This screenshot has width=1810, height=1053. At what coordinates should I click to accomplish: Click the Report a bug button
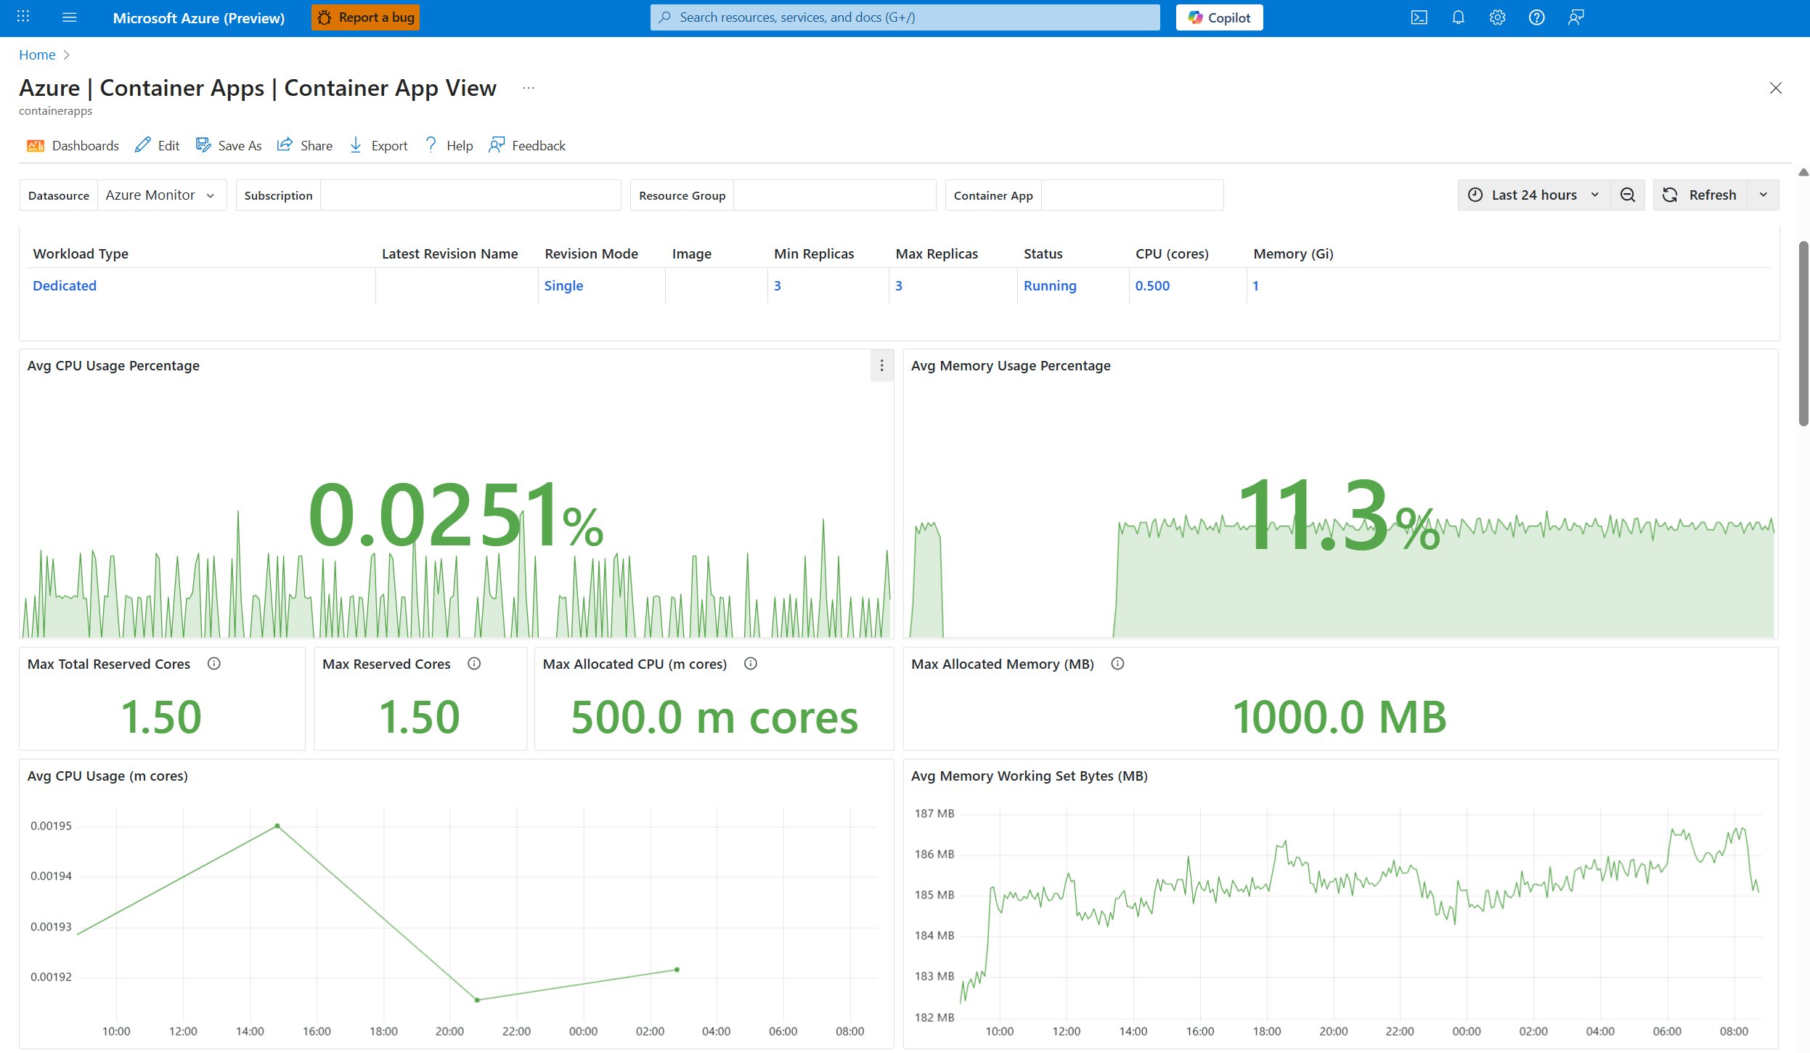click(x=365, y=17)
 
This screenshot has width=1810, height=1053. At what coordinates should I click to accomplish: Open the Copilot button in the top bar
click(x=1219, y=17)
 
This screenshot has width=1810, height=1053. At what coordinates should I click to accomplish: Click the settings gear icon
click(x=1497, y=17)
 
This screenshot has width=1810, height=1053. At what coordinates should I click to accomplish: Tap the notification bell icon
click(x=1458, y=17)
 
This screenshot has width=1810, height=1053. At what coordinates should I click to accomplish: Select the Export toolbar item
click(x=378, y=145)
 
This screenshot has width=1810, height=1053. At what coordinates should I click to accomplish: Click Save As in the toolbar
click(x=229, y=145)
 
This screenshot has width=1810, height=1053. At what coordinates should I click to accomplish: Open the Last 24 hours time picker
click(x=1533, y=195)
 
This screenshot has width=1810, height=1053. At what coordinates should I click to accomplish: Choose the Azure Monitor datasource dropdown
click(x=160, y=195)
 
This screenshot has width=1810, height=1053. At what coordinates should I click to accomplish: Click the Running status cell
click(x=1049, y=285)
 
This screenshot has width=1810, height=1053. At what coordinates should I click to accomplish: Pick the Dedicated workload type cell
click(x=65, y=285)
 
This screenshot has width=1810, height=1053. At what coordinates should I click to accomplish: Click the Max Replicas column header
click(x=937, y=253)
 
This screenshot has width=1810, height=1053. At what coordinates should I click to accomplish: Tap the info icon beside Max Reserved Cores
click(x=474, y=663)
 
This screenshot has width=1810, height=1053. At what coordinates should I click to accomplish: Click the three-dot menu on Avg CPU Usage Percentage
click(x=881, y=365)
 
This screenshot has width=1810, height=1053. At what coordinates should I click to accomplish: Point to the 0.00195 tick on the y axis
click(x=51, y=826)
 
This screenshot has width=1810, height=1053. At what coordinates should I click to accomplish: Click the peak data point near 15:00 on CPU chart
click(x=277, y=826)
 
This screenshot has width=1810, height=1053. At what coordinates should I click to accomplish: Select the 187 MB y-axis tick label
click(x=934, y=813)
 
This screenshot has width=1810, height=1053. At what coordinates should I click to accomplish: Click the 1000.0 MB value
click(x=1339, y=717)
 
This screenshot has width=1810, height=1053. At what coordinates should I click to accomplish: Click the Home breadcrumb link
click(x=37, y=54)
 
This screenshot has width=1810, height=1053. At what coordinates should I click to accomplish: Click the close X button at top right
click(x=1775, y=88)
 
